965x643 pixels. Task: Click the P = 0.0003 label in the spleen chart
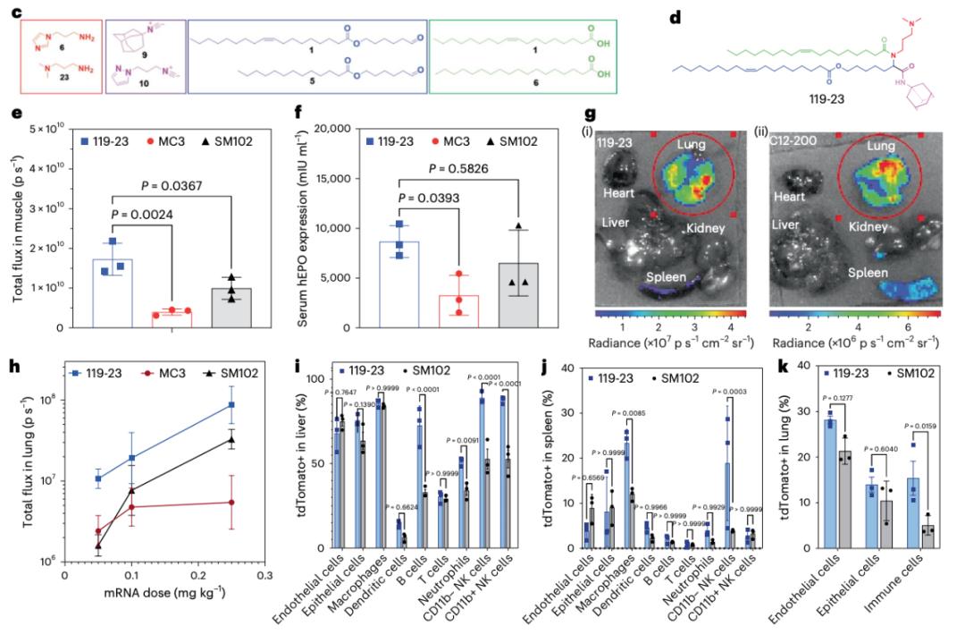(x=728, y=393)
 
